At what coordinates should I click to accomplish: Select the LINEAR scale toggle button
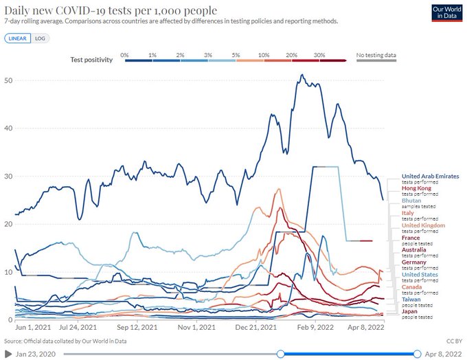coord(17,38)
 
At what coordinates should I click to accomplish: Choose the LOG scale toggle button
coord(40,38)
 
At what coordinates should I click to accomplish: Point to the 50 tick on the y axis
coord(8,80)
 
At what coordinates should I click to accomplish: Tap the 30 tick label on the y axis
coord(8,176)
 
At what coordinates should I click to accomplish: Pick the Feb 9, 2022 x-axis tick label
coord(315,328)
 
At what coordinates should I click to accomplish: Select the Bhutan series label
coord(411,201)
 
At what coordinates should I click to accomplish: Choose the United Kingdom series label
coord(423,225)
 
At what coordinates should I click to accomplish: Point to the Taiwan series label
coord(411,300)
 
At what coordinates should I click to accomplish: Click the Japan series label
coord(410,311)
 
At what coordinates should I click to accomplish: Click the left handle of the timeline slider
coord(280,353)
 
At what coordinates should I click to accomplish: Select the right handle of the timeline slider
coord(417,353)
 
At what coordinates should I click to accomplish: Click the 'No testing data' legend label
coord(376,54)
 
